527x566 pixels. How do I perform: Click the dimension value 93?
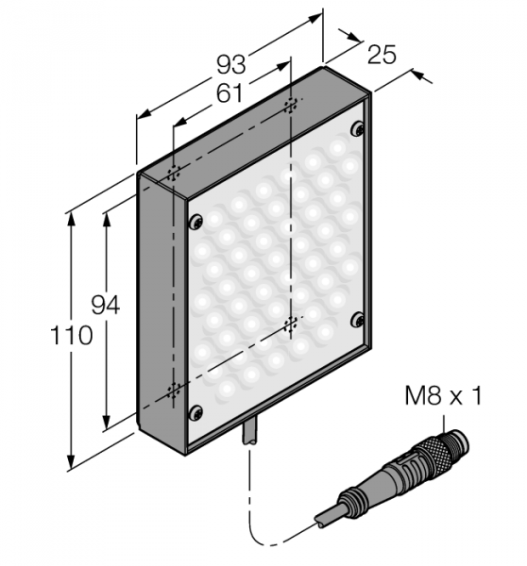[231, 64]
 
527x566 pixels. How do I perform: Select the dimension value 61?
[229, 93]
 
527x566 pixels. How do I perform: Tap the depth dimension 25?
[382, 56]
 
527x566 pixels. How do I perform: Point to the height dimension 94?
[105, 305]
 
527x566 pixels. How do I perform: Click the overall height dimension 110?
[71, 335]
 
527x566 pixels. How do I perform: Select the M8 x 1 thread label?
[443, 395]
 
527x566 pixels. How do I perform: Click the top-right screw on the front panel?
[358, 129]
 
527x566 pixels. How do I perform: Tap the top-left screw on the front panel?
[195, 222]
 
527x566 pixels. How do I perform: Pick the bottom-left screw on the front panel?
[195, 412]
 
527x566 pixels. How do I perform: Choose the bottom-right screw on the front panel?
[358, 320]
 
